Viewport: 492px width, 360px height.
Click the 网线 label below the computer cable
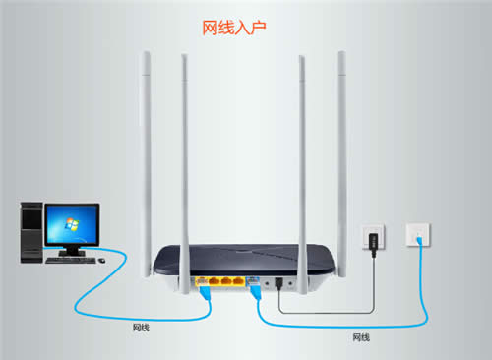click(142, 325)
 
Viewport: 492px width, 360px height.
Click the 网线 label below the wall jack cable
click(361, 337)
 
